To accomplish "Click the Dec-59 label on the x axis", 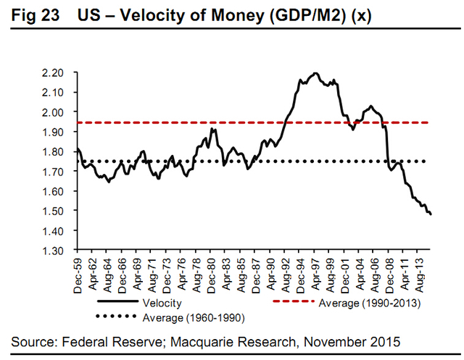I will (x=78, y=273).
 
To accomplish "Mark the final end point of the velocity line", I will (x=430, y=215).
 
